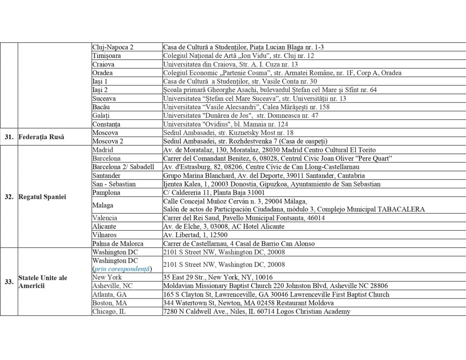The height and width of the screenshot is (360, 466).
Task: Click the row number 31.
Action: pyautogui.click(x=9, y=137)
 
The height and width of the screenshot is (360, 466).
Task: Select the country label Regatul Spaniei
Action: pyautogui.click(x=42, y=197)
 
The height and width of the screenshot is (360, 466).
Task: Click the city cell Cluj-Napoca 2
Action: pyautogui.click(x=113, y=47)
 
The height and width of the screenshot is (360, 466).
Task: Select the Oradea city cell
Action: pyautogui.click(x=102, y=73)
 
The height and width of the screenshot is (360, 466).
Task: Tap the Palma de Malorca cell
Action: pyautogui.click(x=117, y=243)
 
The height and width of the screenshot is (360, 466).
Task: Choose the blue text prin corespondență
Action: pyautogui.click(x=122, y=269)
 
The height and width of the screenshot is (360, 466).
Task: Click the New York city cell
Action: pyautogui.click(x=107, y=277)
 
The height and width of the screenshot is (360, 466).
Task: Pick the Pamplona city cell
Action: pyautogui.click(x=106, y=193)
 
